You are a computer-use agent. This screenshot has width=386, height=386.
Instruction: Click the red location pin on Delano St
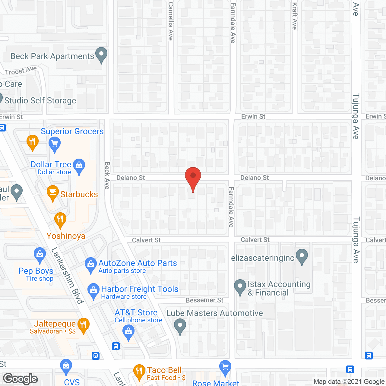tap(193, 176)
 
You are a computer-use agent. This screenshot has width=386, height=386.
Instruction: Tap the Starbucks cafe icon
tap(53, 192)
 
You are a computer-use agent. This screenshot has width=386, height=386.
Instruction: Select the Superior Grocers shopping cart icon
tap(55, 144)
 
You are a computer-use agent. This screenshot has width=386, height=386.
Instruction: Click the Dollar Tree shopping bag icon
tap(79, 166)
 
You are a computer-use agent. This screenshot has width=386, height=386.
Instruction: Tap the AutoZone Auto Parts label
tap(138, 263)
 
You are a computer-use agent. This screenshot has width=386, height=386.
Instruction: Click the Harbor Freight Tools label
tap(140, 289)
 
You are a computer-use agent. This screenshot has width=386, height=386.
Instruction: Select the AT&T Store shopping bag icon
tap(128, 332)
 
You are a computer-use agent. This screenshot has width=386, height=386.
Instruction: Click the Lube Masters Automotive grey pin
tap(180, 327)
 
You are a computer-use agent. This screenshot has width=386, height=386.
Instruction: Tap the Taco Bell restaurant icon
tap(139, 372)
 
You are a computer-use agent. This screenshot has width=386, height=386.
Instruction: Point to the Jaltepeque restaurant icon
tap(84, 325)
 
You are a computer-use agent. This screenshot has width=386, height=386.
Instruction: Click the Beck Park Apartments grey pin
tap(101, 55)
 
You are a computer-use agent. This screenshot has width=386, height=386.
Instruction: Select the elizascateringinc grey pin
tap(302, 256)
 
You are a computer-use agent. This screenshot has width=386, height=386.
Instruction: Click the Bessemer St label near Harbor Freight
tap(204, 300)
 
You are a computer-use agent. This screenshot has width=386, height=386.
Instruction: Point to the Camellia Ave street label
tap(171, 21)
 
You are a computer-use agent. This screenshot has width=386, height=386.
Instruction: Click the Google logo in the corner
tap(21, 379)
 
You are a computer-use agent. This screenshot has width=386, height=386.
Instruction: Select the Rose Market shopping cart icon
tap(225, 368)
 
